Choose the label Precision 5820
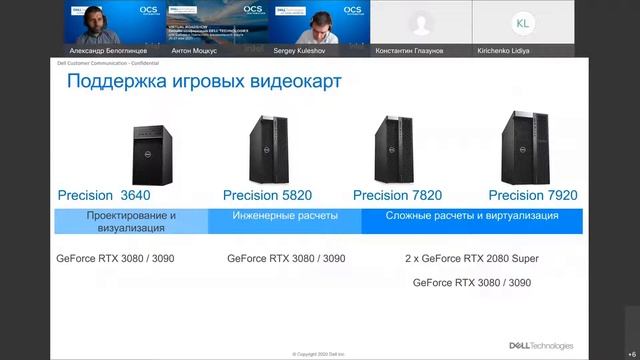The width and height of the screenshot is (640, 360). point(271,195)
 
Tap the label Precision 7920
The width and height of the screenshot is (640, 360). point(532,195)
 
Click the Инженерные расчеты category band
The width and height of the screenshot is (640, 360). point(285,216)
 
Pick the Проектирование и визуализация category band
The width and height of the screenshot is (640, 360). point(131,221)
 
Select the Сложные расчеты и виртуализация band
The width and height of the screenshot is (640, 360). point(473,216)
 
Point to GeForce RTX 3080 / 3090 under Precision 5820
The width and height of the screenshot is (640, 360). point(286,258)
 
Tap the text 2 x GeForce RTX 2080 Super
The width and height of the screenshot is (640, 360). point(472,258)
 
